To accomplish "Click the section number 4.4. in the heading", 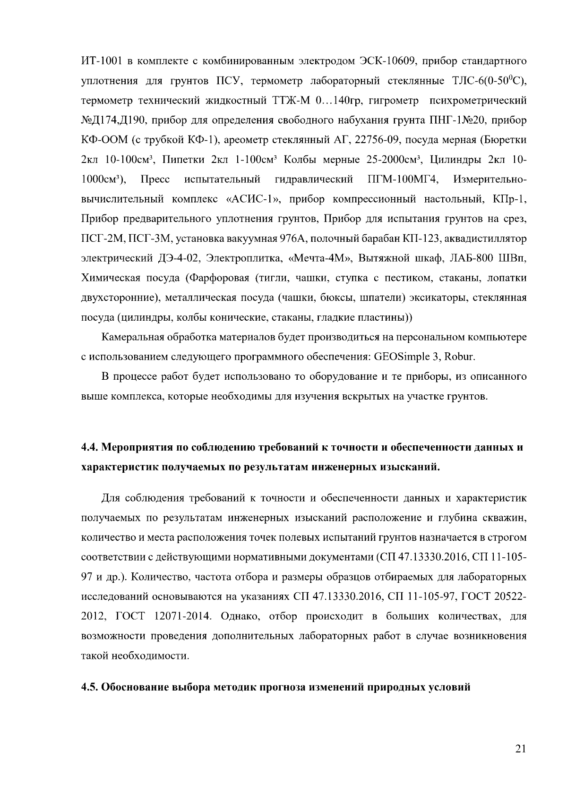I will tap(90, 447).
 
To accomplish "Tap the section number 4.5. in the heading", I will tap(90, 687).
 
